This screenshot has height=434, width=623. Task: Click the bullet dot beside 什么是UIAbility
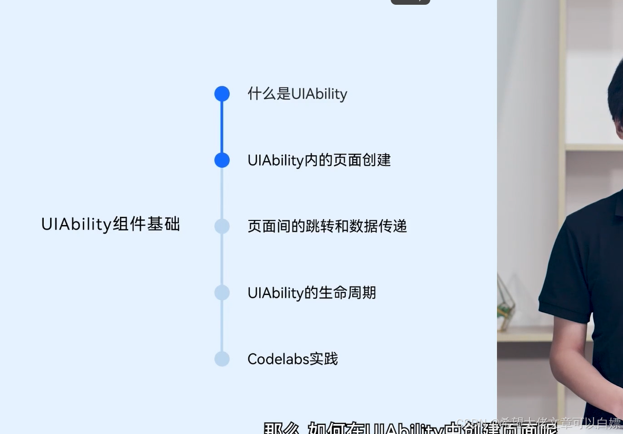click(222, 94)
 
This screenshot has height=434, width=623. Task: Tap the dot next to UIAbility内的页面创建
click(222, 160)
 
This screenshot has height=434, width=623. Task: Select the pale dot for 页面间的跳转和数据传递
click(222, 226)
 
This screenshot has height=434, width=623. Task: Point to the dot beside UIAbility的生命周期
click(222, 292)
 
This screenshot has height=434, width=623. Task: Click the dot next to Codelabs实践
click(222, 359)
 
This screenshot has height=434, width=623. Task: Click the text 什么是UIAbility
click(297, 94)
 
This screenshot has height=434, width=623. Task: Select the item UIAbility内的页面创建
click(319, 160)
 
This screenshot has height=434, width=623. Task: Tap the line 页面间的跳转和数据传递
click(327, 226)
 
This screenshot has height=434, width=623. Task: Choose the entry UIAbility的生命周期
click(311, 293)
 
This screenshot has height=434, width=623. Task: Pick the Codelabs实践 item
click(292, 359)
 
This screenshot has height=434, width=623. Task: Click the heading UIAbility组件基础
click(110, 224)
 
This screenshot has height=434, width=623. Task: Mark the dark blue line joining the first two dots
click(222, 127)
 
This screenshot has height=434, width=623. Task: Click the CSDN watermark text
click(539, 423)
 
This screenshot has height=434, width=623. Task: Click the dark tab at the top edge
click(410, 2)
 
